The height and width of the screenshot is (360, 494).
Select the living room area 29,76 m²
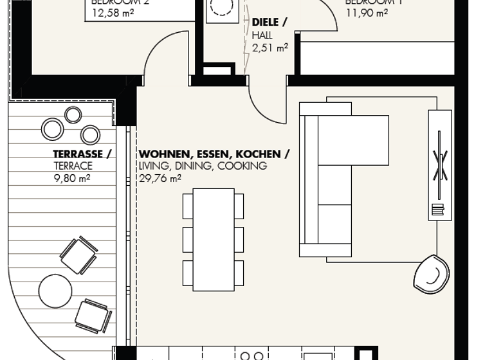point(160,178)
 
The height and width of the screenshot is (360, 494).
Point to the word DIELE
point(266,22)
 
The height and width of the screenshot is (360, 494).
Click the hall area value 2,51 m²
point(270,47)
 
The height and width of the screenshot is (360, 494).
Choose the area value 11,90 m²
point(367,12)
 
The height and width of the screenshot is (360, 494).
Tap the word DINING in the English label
point(194,166)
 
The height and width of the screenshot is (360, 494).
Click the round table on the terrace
point(55,291)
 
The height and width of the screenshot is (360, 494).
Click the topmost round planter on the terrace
point(73,115)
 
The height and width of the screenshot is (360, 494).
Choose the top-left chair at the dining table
point(188,206)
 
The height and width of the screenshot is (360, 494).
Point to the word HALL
point(262,35)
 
